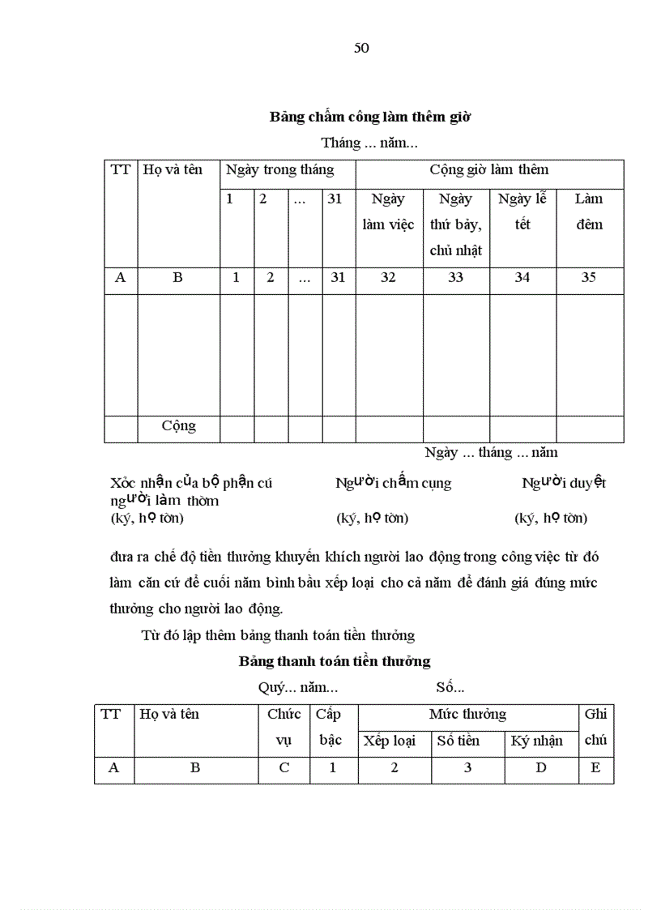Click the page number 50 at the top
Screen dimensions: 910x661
coord(361,48)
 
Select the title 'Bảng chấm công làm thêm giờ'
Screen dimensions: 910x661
coord(370,117)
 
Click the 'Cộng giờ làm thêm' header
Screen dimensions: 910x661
coord(488,170)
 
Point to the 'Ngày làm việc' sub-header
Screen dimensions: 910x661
coord(388,211)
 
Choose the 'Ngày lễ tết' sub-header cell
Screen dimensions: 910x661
coord(522,211)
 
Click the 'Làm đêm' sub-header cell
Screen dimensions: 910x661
coord(589,211)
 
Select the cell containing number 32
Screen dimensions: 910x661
coord(388,277)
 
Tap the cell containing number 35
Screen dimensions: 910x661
coord(589,277)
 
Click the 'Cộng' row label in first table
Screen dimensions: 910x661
coord(178,426)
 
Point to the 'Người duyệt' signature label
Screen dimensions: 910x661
coord(564,483)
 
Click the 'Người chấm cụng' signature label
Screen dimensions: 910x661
coord(393,483)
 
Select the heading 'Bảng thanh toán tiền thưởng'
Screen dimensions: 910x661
coord(335,661)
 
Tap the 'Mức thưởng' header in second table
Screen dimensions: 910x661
coord(467,714)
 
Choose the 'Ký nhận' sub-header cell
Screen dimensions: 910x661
coord(541,741)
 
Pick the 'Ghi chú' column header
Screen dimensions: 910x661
coord(595,727)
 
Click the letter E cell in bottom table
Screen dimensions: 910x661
coord(595,768)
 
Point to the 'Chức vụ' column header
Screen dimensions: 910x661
coord(284,727)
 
